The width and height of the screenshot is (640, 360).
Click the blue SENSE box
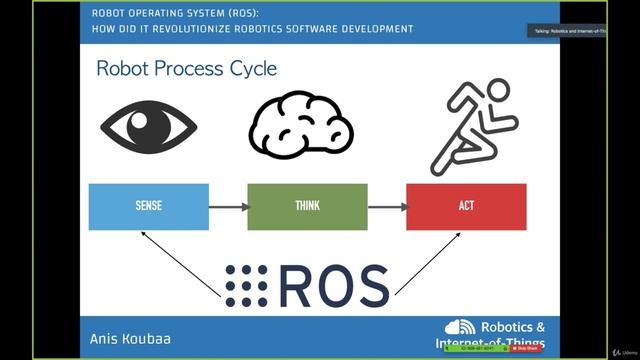pyautogui.click(x=148, y=206)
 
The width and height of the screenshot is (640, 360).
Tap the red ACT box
pyautogui.click(x=466, y=206)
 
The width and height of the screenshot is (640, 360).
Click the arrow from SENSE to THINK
pyautogui.click(x=228, y=207)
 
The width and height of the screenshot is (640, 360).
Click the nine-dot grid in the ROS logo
pyautogui.click(x=245, y=285)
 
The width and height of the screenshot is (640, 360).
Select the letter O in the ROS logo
pyautogui.click(x=333, y=285)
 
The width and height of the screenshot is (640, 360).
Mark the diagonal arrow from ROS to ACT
pyautogui.click(x=431, y=263)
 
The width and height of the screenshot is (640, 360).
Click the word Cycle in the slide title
pyautogui.click(x=250, y=69)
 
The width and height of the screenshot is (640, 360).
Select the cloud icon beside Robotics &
pyautogui.click(x=460, y=328)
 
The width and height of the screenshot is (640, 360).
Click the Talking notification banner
pyautogui.click(x=565, y=31)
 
